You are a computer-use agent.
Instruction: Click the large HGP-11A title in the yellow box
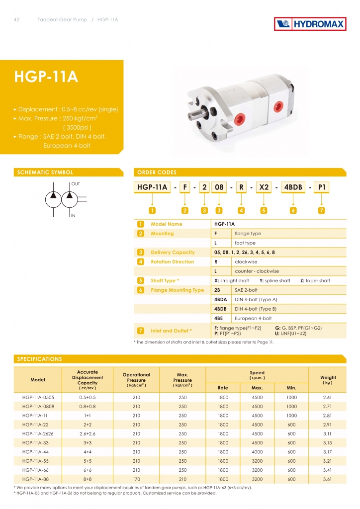coord(46,77)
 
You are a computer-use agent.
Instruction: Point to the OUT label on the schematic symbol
coord(75,184)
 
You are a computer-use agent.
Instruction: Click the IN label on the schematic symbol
coord(73,215)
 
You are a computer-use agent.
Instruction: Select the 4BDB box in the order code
coord(292,187)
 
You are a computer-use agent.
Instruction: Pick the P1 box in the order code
coord(322,187)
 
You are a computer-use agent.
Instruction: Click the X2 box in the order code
coord(264,187)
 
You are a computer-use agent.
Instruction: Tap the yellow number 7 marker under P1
coord(322,210)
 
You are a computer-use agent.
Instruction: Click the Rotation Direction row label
coord(172,261)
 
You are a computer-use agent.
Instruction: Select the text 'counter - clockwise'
coord(257,271)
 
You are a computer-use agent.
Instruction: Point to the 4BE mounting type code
coord(218,318)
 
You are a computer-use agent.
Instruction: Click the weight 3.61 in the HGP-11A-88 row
coord(327,479)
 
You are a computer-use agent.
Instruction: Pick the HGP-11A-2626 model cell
coord(37,433)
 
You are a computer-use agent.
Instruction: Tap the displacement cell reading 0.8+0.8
coord(87,406)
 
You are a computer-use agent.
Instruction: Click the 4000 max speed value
coord(257,451)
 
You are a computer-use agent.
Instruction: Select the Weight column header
coord(328,380)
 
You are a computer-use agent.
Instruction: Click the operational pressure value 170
coord(136,479)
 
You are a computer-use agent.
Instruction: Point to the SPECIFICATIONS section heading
coord(40,358)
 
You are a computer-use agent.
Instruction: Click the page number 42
coord(16,19)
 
